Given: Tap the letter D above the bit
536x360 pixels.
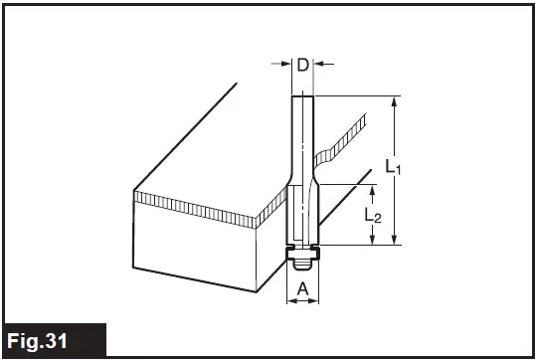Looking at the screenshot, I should click(x=302, y=66).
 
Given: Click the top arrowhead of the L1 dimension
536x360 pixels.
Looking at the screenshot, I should click(x=397, y=101).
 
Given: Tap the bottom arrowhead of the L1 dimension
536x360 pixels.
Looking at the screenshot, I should click(x=397, y=238).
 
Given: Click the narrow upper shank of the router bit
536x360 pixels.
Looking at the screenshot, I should click(x=302, y=129).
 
